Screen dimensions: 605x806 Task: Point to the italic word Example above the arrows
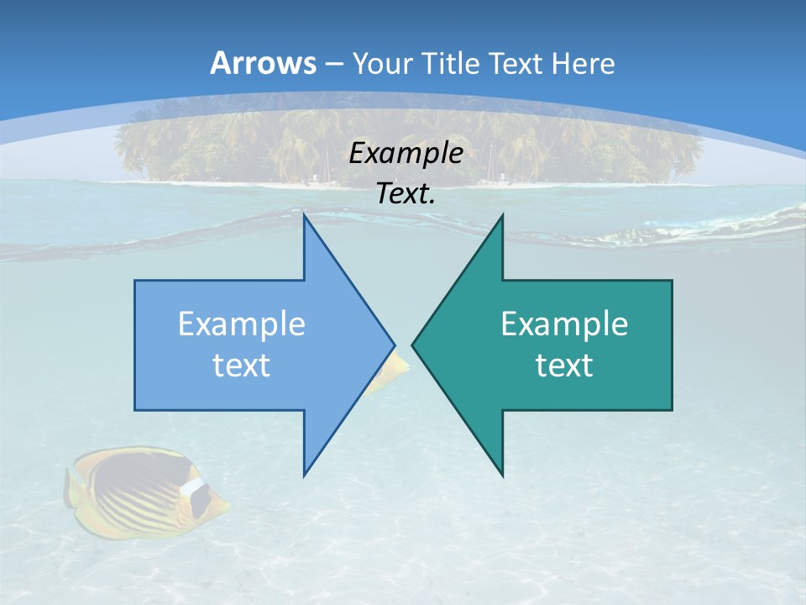[x=406, y=154]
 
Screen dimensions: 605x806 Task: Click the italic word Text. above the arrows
[x=406, y=194]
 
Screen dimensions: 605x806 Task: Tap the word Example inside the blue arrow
[x=242, y=324]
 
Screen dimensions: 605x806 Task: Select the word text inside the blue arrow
[x=242, y=365]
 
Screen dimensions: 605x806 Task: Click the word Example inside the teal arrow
[x=564, y=324]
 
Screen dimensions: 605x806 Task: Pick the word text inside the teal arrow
[x=564, y=365]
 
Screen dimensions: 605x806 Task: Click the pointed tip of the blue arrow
[x=393, y=345]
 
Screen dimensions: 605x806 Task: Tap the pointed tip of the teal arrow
[x=413, y=345]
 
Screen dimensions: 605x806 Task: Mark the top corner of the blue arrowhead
[x=305, y=216]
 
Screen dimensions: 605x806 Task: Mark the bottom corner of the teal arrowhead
[x=502, y=475]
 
